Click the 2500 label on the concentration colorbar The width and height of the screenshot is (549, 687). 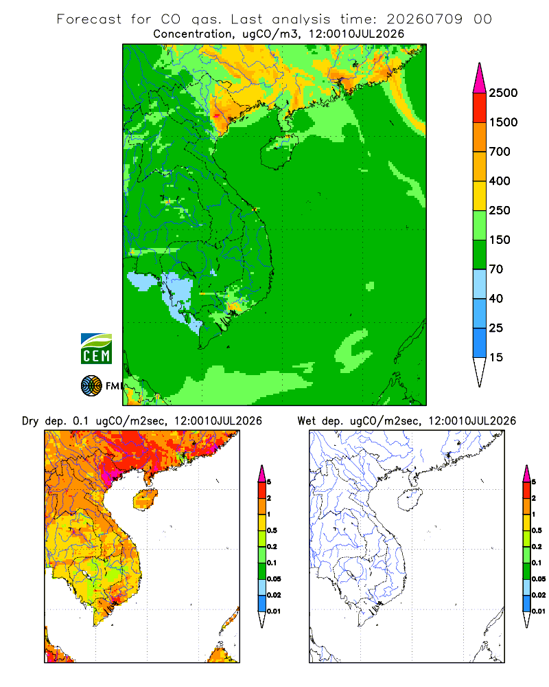coord(503,93)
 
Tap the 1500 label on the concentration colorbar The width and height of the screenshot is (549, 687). coord(503,122)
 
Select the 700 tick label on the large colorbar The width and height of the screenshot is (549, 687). coord(500,152)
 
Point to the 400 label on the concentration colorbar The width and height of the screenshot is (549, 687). coord(500,181)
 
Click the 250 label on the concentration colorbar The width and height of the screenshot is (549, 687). coord(500,210)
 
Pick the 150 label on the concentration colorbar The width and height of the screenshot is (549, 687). coord(500,240)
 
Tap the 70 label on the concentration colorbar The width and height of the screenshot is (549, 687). coord(496,269)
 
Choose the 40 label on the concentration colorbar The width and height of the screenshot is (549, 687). coord(496,298)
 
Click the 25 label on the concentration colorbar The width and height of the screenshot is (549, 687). coord(496,328)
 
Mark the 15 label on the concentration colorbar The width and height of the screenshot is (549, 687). coord(496,357)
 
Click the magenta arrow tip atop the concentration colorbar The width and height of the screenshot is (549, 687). coord(480,63)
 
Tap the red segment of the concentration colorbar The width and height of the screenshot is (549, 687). coord(480,108)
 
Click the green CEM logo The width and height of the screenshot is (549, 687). coord(96,349)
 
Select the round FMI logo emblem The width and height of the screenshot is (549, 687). coord(91,386)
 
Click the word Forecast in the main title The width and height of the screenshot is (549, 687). coord(89,19)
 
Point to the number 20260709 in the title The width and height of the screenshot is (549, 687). coord(424,19)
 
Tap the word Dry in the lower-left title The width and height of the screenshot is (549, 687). coord(30,422)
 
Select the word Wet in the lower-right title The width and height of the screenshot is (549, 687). coord(306,421)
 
